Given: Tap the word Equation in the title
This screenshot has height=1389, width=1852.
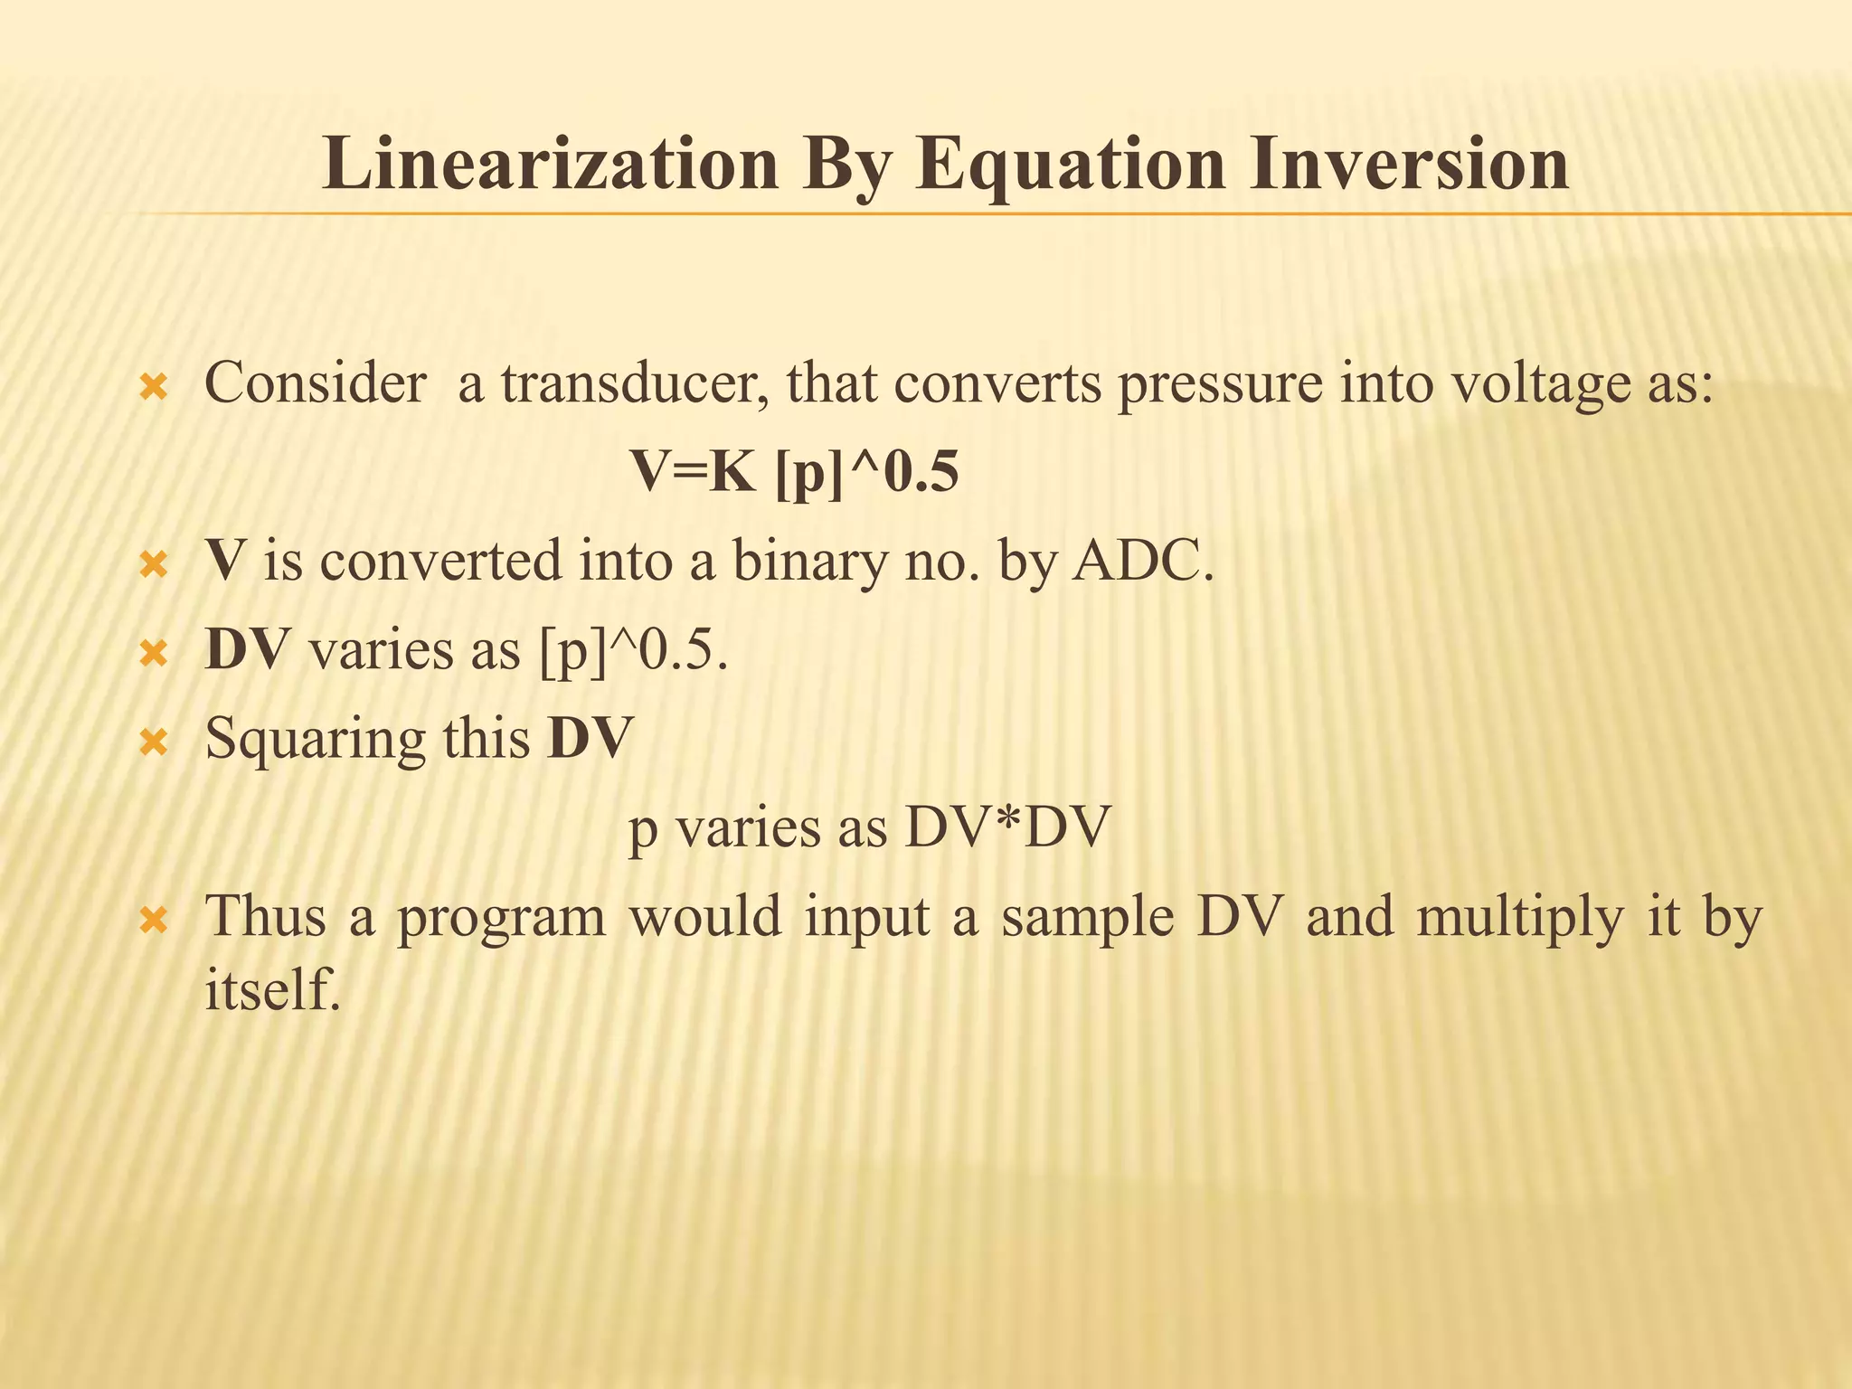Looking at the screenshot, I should pos(1068,165).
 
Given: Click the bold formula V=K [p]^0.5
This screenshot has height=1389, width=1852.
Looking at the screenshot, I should pos(794,472).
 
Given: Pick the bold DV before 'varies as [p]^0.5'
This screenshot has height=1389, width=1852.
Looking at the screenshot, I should pos(247,649).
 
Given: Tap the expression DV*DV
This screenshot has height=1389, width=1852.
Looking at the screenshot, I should pos(1006,827).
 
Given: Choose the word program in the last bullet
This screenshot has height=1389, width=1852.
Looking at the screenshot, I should pos(502,918).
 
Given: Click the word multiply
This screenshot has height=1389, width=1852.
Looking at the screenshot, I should pos(1520,918).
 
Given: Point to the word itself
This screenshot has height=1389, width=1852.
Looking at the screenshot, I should pos(272,989).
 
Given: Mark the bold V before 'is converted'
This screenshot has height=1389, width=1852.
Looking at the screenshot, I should pos(224,561).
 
